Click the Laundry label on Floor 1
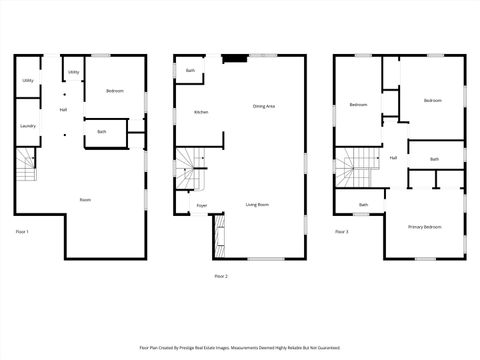(27, 126)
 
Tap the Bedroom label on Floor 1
(115, 91)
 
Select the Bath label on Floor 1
(102, 132)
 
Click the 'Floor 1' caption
(22, 232)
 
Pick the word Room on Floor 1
(86, 200)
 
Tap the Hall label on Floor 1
(63, 110)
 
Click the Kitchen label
(200, 113)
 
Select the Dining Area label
(264, 106)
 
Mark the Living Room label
(258, 205)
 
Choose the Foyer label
(202, 206)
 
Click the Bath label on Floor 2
(190, 71)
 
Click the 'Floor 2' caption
(221, 275)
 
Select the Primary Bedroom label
(424, 227)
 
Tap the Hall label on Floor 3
(393, 158)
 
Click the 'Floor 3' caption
(342, 232)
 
